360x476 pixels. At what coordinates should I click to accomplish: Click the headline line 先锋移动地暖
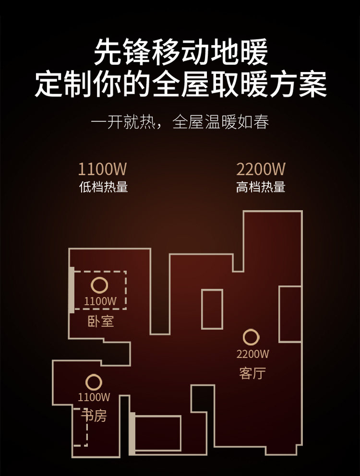point(180,53)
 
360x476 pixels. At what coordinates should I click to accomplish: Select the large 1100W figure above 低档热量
point(103,169)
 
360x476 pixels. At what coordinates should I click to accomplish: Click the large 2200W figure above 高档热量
point(261,169)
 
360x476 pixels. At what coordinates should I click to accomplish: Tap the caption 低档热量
point(103,187)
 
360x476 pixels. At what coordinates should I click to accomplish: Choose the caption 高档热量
point(261,187)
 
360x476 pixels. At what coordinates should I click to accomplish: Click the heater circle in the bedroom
point(99,286)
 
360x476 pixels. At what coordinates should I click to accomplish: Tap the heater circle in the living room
point(251,337)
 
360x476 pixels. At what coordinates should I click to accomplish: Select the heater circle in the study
point(94,382)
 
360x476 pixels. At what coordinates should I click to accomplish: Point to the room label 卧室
point(101,321)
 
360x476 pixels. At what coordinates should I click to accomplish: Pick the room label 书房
point(94,416)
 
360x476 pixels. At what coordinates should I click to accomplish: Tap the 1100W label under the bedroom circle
point(100,302)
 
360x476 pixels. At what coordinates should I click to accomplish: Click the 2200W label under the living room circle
point(253,355)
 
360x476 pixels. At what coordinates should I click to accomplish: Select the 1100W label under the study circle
point(94,397)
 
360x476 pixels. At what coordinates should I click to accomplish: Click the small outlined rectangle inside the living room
point(212,309)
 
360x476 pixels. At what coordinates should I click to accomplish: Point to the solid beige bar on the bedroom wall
point(72,290)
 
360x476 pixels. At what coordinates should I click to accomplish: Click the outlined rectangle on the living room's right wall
point(290,314)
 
